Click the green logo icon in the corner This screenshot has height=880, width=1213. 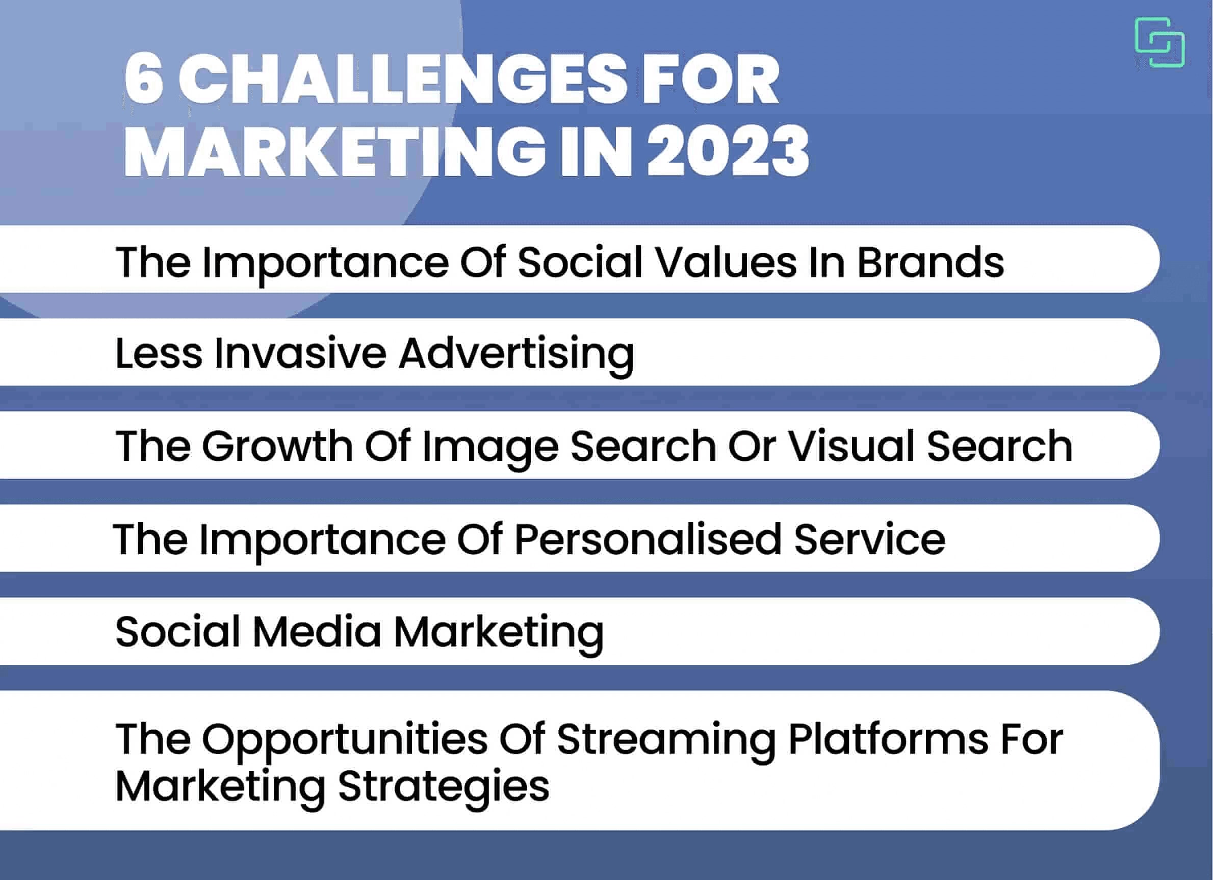coord(1159,42)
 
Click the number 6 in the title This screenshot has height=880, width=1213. coord(143,80)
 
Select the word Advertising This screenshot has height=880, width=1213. coord(516,354)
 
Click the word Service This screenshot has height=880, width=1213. coord(870,539)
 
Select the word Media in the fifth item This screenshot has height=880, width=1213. coord(317,632)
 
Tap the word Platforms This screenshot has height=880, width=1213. coord(888,740)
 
